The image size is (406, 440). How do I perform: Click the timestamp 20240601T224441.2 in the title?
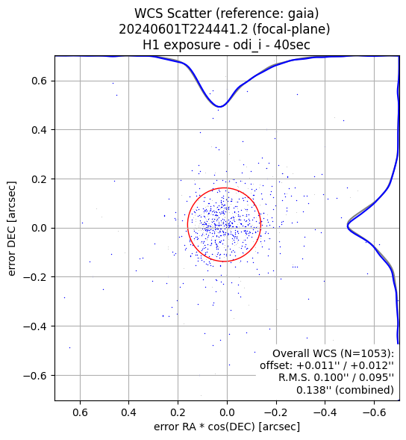184,29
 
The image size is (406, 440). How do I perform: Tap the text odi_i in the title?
243,45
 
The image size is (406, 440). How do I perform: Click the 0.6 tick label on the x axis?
80,413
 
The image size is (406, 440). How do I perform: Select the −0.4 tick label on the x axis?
322,413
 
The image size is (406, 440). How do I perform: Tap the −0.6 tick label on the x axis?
371,413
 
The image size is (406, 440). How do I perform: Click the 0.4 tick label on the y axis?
40,130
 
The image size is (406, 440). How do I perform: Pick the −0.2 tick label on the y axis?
35,277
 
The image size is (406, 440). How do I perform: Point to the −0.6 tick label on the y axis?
35,376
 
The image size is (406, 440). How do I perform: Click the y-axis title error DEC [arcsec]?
12,229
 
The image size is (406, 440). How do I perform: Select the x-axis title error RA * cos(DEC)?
204,427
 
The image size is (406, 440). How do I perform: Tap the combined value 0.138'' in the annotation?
311,390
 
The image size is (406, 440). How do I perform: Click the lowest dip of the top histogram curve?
220,107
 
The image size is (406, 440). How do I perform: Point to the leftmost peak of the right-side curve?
347,226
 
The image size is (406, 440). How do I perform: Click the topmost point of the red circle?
225,188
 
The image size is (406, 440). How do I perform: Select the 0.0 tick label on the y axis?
40,228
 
